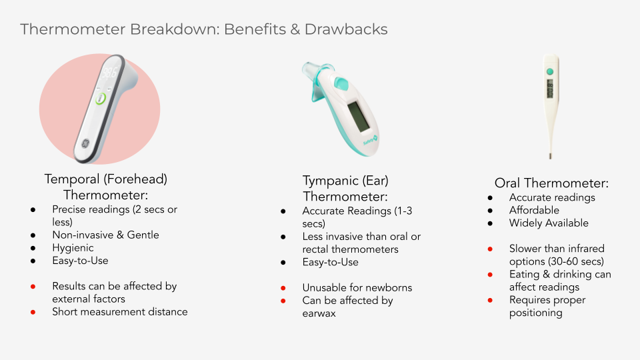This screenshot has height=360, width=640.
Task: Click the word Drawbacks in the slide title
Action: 346,29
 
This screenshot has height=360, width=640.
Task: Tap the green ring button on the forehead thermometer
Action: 101,99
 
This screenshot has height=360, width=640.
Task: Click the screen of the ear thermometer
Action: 359,116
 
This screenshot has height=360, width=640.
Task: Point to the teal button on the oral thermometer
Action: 550,71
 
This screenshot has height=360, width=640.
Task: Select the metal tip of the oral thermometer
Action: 550,156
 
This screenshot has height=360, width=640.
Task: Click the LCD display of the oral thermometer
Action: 550,89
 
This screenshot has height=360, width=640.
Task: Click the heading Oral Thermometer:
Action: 551,183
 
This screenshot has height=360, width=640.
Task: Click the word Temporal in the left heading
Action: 72,179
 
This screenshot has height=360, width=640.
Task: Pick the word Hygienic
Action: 73,248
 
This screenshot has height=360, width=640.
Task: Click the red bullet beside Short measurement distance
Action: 33,312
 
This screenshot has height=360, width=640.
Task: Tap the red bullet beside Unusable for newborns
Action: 283,288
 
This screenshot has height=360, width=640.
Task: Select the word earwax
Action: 319,313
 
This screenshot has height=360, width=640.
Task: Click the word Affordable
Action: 534,210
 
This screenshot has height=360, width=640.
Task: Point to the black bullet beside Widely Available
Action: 490,223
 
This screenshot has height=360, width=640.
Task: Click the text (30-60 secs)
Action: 575,261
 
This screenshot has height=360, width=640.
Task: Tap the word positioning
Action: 535,313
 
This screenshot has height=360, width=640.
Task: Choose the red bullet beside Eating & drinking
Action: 490,275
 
